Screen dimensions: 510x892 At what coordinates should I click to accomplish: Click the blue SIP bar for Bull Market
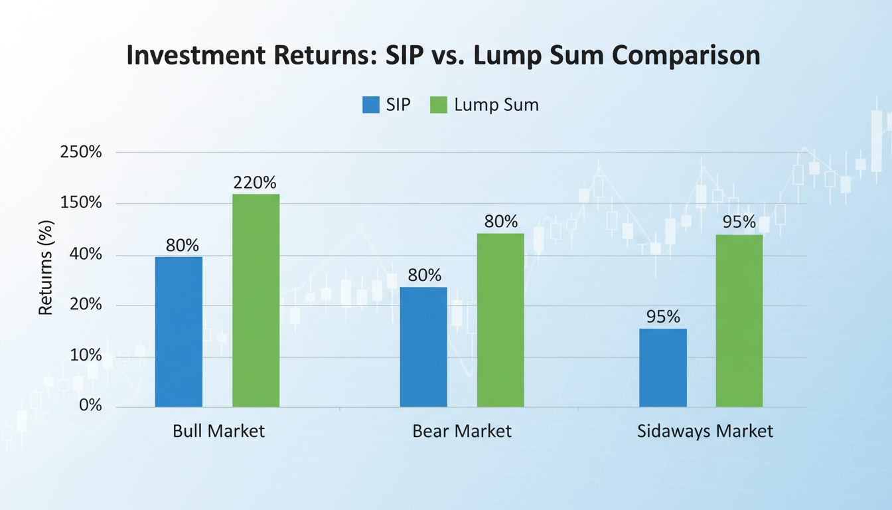(179, 331)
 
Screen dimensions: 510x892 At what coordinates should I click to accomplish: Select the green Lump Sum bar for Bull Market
(256, 300)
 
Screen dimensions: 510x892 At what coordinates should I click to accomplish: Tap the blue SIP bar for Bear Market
(423, 347)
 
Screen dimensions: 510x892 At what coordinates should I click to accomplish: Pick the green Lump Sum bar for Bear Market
(500, 319)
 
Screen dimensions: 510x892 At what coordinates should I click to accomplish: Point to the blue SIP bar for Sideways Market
(662, 367)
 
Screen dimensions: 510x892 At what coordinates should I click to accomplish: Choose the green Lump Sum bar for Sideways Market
(739, 320)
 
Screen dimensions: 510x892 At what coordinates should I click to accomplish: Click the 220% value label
(255, 183)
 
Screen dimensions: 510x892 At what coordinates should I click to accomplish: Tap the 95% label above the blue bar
(664, 317)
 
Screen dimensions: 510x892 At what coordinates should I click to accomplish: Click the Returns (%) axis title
(46, 268)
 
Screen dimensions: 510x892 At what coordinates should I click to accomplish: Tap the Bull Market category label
(218, 431)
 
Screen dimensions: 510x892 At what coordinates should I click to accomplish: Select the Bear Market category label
(462, 431)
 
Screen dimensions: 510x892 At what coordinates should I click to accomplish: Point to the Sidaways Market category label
(705, 431)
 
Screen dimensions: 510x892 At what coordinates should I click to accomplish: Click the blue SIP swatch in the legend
(370, 105)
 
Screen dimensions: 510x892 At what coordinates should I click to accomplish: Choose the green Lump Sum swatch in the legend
(439, 105)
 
